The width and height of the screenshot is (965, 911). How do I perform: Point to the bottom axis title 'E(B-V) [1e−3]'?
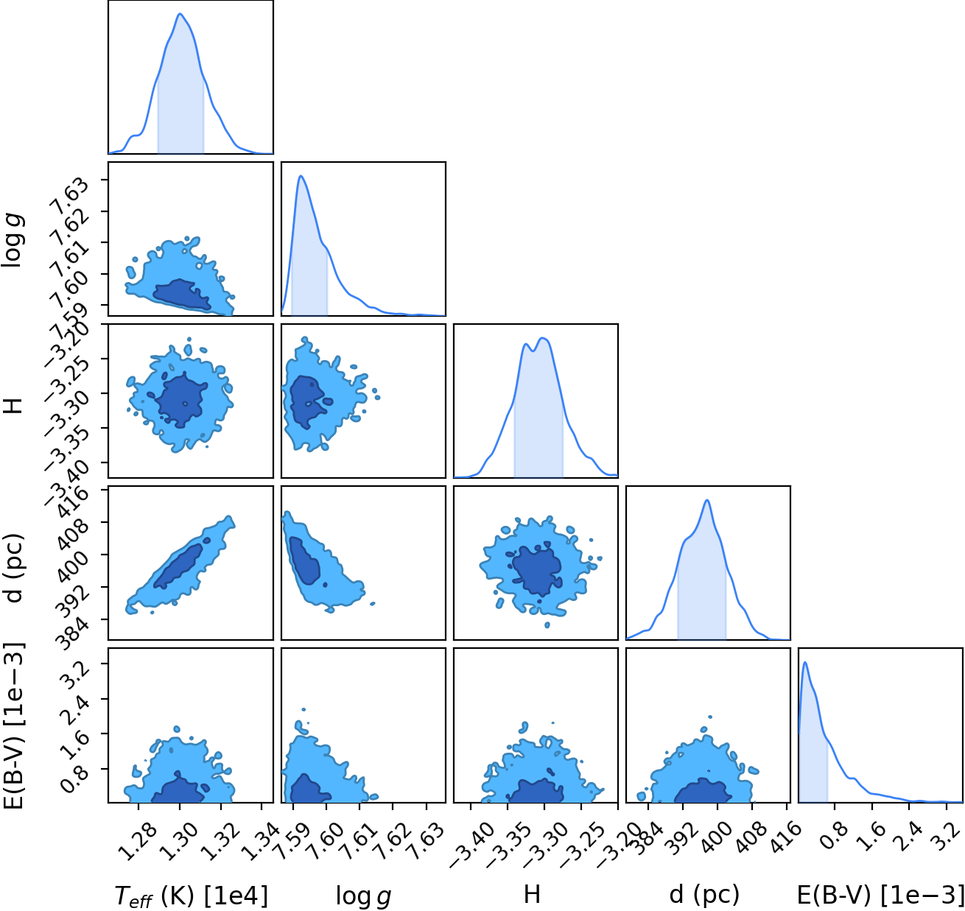point(880,894)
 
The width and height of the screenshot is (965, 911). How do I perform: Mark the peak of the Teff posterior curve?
point(180,13)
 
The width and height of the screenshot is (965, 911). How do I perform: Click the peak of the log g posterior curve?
point(301,176)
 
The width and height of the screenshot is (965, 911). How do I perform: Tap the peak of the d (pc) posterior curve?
point(707,500)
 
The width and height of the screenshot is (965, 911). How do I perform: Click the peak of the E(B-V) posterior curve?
point(805,662)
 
